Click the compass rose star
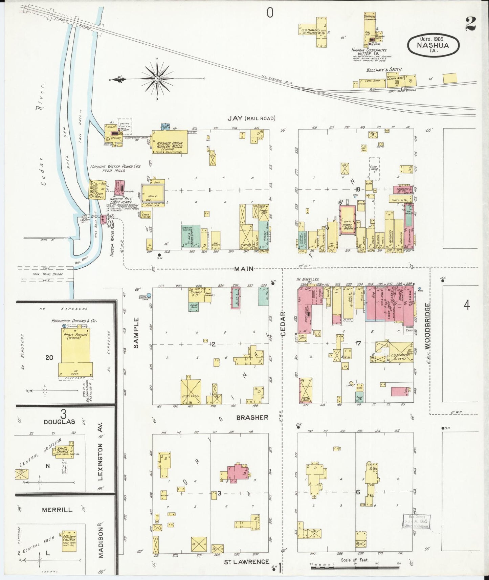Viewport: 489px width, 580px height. [157, 79]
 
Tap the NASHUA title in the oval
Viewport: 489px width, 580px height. [433, 45]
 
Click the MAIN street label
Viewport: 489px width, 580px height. [244, 269]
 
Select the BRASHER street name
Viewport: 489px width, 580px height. [252, 418]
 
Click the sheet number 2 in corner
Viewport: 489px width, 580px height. [470, 23]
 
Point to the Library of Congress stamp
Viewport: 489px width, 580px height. [416, 521]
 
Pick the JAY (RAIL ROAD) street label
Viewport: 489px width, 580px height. [251, 118]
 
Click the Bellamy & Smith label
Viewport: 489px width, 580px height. [384, 69]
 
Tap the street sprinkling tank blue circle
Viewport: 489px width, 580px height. [149, 295]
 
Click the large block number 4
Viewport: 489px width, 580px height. [467, 305]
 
